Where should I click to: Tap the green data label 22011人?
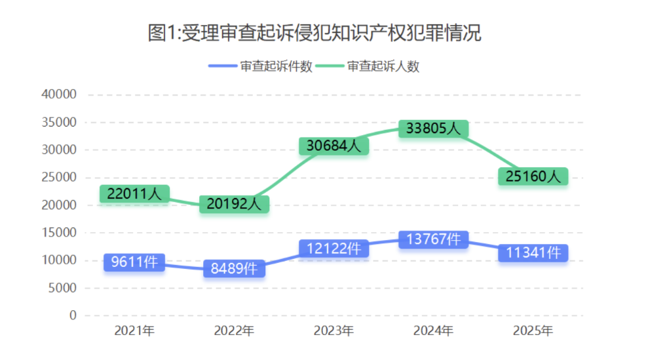pyautogui.click(x=134, y=194)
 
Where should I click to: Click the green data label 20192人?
pyautogui.click(x=234, y=204)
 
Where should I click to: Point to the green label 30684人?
pyautogui.click(x=334, y=146)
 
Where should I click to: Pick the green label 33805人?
pyautogui.click(x=433, y=129)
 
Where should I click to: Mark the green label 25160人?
pyautogui.click(x=533, y=176)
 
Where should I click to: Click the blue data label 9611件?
pyautogui.click(x=134, y=262)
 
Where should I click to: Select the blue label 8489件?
pyautogui.click(x=234, y=269)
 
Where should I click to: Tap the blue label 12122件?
pyautogui.click(x=334, y=249)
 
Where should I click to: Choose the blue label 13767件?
pyautogui.click(x=433, y=239)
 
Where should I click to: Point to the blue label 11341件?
pyautogui.click(x=533, y=252)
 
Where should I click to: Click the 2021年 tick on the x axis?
pyautogui.click(x=134, y=331)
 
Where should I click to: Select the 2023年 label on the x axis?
pyautogui.click(x=334, y=331)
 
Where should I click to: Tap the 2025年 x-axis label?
pyautogui.click(x=533, y=331)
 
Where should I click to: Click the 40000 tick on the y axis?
pyautogui.click(x=59, y=94)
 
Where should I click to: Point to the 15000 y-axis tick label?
pyautogui.click(x=59, y=233)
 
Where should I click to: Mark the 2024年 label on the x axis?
pyautogui.click(x=433, y=331)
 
